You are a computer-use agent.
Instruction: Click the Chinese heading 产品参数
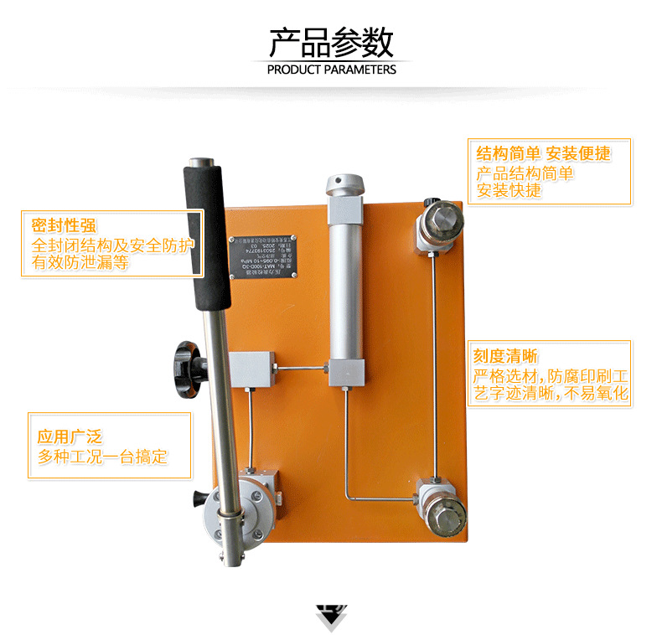click(x=331, y=40)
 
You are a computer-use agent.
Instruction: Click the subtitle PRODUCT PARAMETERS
click(x=331, y=70)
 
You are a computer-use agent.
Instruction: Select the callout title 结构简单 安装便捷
click(x=543, y=153)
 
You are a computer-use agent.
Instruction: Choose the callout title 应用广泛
click(x=70, y=436)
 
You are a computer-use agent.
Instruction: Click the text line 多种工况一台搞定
click(x=103, y=457)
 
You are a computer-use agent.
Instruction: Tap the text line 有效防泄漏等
click(x=80, y=262)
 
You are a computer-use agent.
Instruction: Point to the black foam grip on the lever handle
click(x=208, y=237)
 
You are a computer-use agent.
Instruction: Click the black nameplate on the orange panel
click(x=261, y=250)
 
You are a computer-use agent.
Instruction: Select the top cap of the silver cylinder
click(x=346, y=184)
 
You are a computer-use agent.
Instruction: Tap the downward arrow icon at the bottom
click(x=330, y=617)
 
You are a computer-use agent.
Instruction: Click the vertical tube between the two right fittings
click(x=434, y=360)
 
